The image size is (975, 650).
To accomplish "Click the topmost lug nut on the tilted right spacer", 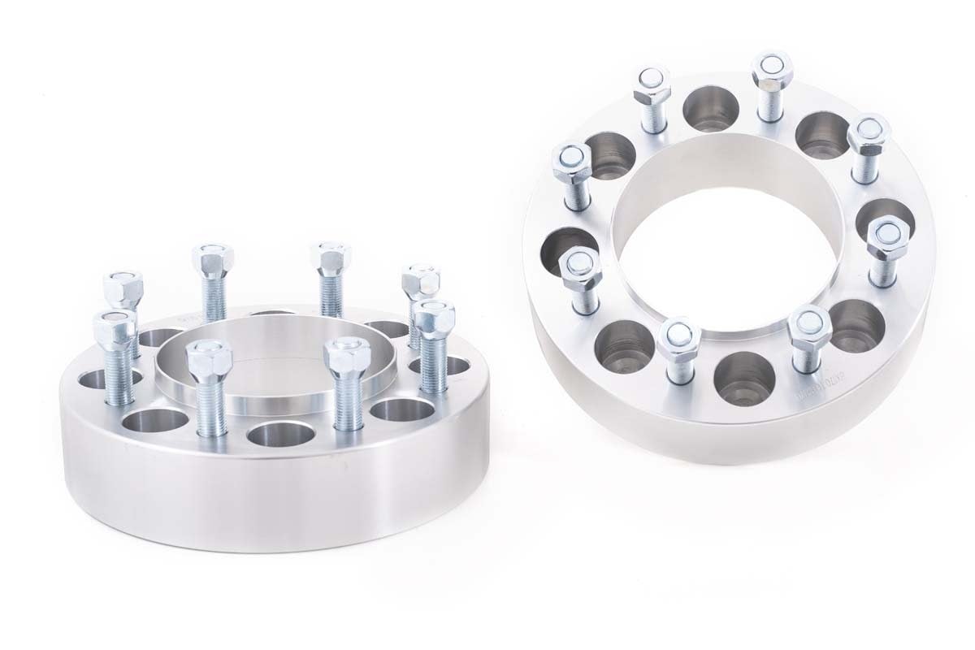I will click(x=771, y=70).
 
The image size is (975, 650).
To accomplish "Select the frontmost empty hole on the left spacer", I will click(x=280, y=432).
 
